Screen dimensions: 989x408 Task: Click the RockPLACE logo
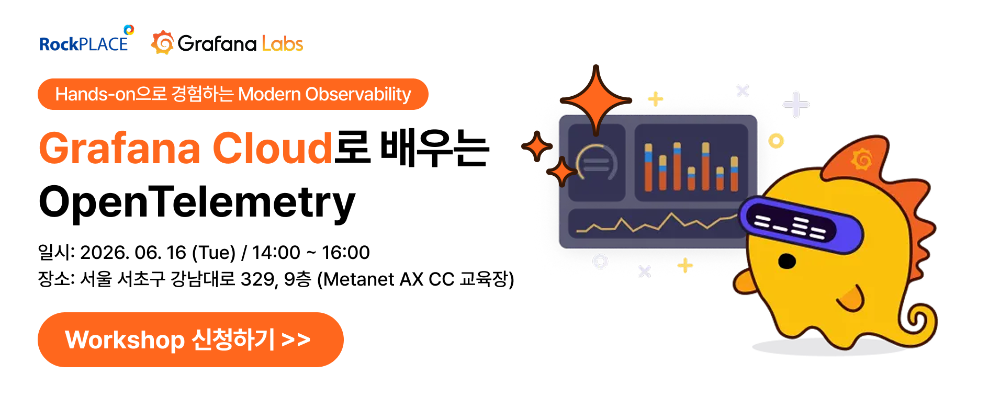click(86, 39)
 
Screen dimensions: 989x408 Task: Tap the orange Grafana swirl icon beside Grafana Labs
click(163, 42)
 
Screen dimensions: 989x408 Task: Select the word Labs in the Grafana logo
click(283, 43)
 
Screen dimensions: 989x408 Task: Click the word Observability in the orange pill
click(358, 94)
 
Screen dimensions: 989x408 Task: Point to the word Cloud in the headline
click(272, 148)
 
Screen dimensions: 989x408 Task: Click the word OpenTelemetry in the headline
click(197, 202)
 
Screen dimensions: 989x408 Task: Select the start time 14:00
click(276, 253)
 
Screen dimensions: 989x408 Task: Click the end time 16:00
click(346, 253)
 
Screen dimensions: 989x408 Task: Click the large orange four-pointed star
click(595, 100)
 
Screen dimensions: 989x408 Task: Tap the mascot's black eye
click(786, 260)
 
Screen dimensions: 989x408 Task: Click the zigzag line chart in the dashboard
click(656, 223)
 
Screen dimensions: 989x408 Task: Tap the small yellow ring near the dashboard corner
click(776, 141)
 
